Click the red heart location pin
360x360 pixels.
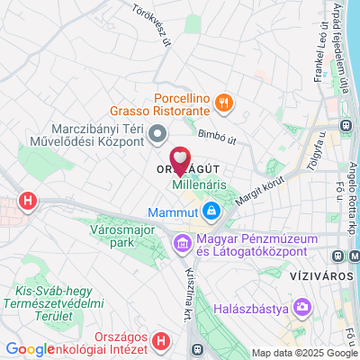click(180, 161)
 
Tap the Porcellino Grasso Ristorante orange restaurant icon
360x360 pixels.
click(224, 104)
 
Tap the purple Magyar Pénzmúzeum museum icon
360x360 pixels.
click(182, 244)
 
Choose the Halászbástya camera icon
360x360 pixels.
click(302, 309)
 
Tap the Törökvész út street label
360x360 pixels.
click(150, 19)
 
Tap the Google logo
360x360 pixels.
click(29, 350)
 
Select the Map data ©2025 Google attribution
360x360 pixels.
click(304, 353)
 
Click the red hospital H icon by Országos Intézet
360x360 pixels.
click(160, 341)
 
